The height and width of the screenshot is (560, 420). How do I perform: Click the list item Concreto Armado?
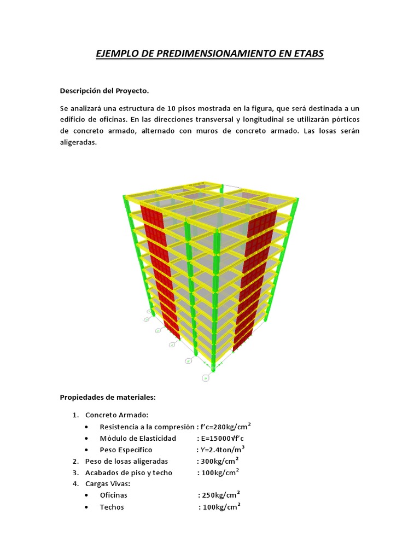click(x=116, y=415)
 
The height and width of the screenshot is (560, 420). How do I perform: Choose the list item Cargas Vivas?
click(x=108, y=484)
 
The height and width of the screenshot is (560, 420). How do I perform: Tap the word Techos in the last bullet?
click(x=112, y=507)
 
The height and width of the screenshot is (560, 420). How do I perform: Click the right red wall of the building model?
click(x=256, y=273)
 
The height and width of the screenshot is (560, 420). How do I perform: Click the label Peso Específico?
click(x=126, y=450)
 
